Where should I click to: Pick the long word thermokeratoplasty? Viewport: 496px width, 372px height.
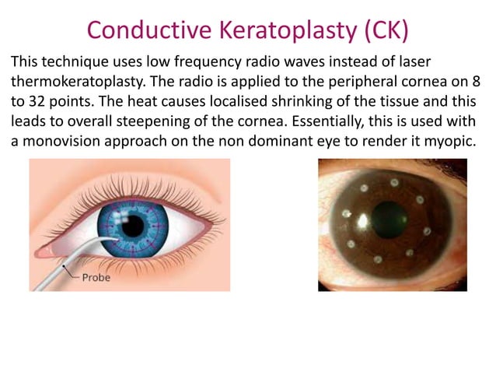click(75, 81)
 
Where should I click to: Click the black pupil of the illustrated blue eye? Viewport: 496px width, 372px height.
click(134, 226)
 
